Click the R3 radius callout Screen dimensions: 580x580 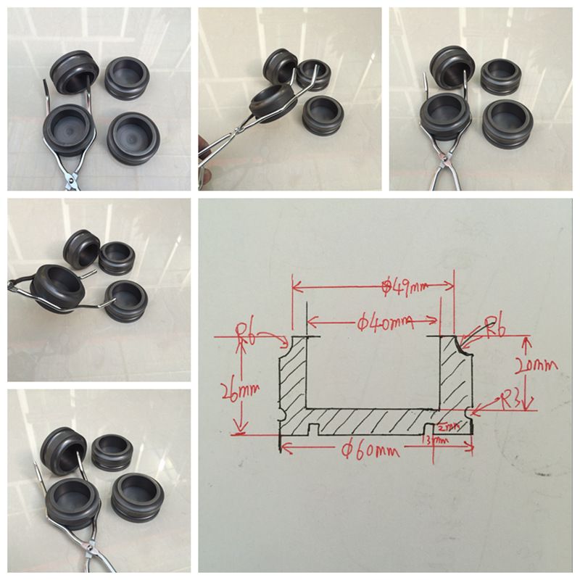[511, 401]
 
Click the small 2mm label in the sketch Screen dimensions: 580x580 [449, 426]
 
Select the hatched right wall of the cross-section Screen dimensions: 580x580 [455, 377]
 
